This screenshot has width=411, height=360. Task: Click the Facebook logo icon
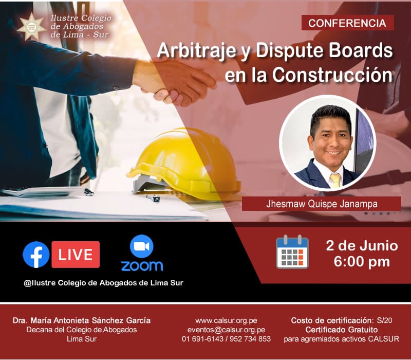[x=36, y=255]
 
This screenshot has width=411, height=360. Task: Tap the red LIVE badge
[x=76, y=255]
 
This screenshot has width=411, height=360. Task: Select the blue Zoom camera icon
[x=142, y=246]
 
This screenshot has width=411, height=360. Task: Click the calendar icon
[x=292, y=252]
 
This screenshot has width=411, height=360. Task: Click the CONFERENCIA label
[x=347, y=23]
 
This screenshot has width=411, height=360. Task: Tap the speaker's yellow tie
[x=335, y=181]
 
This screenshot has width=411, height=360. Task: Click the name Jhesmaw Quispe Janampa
[x=322, y=204]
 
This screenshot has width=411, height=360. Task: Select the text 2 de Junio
[x=362, y=246]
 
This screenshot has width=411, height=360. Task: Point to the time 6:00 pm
[x=362, y=262]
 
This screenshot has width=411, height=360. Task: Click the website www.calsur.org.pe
[x=226, y=320]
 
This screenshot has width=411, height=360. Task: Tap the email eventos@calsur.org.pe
[x=226, y=330]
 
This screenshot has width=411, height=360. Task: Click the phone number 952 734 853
[x=250, y=339]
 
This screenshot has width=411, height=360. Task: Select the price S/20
[x=384, y=320]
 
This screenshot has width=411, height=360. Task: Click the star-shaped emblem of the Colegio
[x=32, y=27]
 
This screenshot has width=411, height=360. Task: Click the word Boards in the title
[x=361, y=50]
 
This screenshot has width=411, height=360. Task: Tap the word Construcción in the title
[x=332, y=75]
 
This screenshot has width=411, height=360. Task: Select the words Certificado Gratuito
[x=342, y=330]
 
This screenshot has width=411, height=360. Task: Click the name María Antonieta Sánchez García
[x=91, y=320]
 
